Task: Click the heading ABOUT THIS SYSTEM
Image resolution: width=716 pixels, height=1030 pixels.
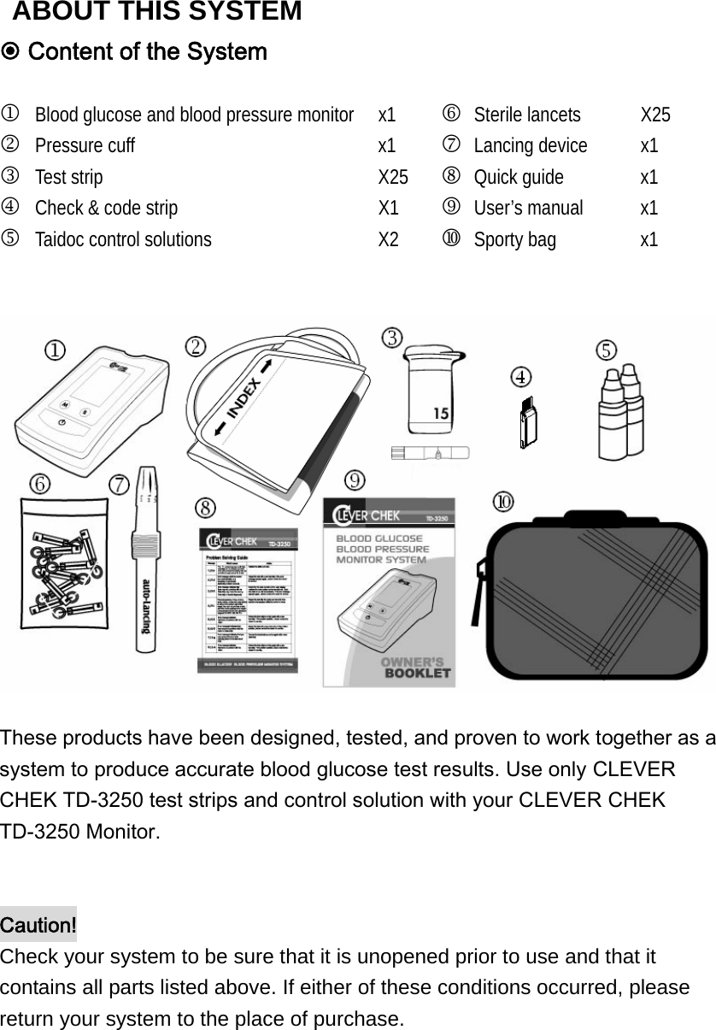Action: click(x=157, y=12)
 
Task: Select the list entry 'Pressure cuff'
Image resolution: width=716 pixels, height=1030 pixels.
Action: click(x=85, y=145)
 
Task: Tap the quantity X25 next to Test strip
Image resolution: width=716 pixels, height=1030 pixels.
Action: click(x=393, y=177)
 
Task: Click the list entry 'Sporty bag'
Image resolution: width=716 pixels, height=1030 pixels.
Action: click(x=514, y=239)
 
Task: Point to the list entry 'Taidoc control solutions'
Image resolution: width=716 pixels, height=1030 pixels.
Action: click(x=123, y=239)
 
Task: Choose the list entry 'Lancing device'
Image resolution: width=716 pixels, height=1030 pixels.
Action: click(x=530, y=145)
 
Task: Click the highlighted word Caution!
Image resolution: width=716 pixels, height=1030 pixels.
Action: click(x=38, y=925)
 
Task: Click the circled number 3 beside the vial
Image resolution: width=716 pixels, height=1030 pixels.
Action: click(x=392, y=337)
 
